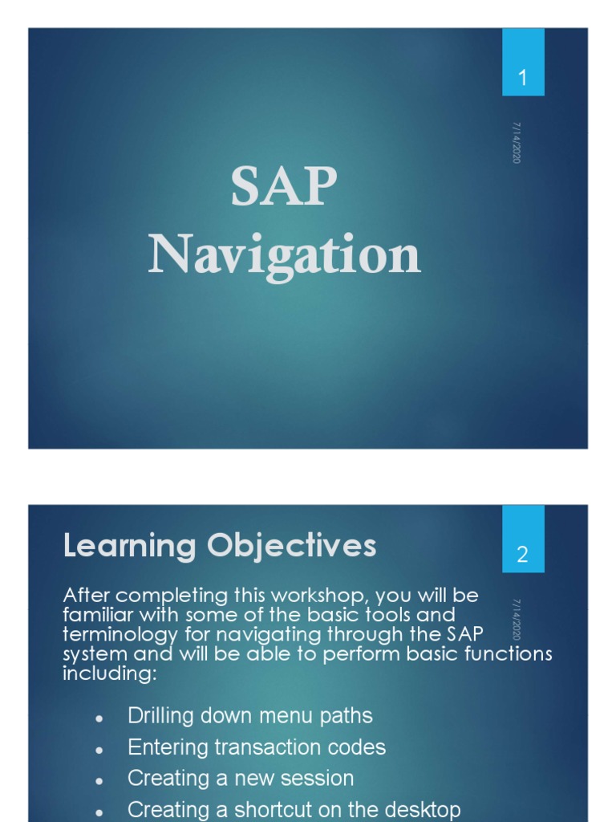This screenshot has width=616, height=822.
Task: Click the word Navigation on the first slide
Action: tap(284, 255)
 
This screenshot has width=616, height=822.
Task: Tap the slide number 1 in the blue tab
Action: tap(523, 78)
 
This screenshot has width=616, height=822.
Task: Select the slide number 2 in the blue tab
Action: tap(522, 555)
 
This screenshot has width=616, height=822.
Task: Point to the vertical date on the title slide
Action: tap(517, 143)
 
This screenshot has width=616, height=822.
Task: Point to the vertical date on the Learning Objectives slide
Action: tap(517, 620)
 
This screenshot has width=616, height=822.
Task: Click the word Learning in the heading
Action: tap(132, 546)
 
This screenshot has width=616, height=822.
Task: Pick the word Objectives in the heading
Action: tap(292, 547)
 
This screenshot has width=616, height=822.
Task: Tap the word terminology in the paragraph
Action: tap(120, 635)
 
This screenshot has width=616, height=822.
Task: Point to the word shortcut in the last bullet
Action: tap(265, 810)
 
